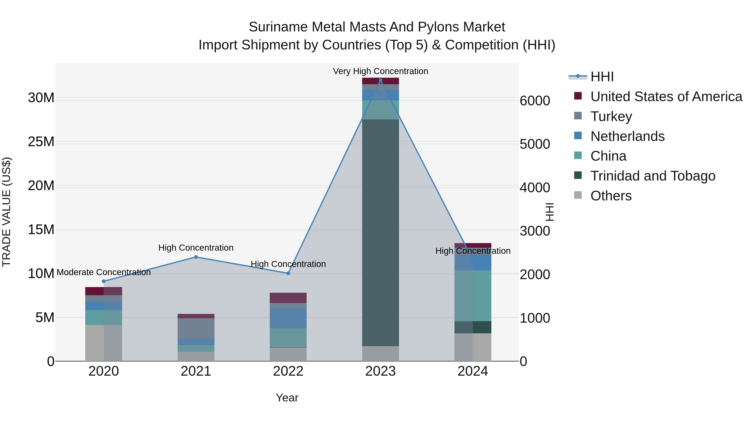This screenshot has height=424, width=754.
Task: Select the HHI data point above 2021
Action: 196,257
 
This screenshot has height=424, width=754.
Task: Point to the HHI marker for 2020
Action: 104,281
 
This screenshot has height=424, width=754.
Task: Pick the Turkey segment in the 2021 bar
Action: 196,328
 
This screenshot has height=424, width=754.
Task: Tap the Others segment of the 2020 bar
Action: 104,343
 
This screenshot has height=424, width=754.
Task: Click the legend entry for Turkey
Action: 611,116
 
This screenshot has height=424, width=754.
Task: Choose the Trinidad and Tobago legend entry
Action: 652,176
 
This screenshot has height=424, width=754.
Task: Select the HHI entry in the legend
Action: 602,77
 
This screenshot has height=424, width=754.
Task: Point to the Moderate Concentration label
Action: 104,272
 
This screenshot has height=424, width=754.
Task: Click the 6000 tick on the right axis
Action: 535,101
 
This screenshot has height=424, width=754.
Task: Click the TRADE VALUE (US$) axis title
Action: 6,212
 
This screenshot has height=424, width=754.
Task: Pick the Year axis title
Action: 287,398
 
